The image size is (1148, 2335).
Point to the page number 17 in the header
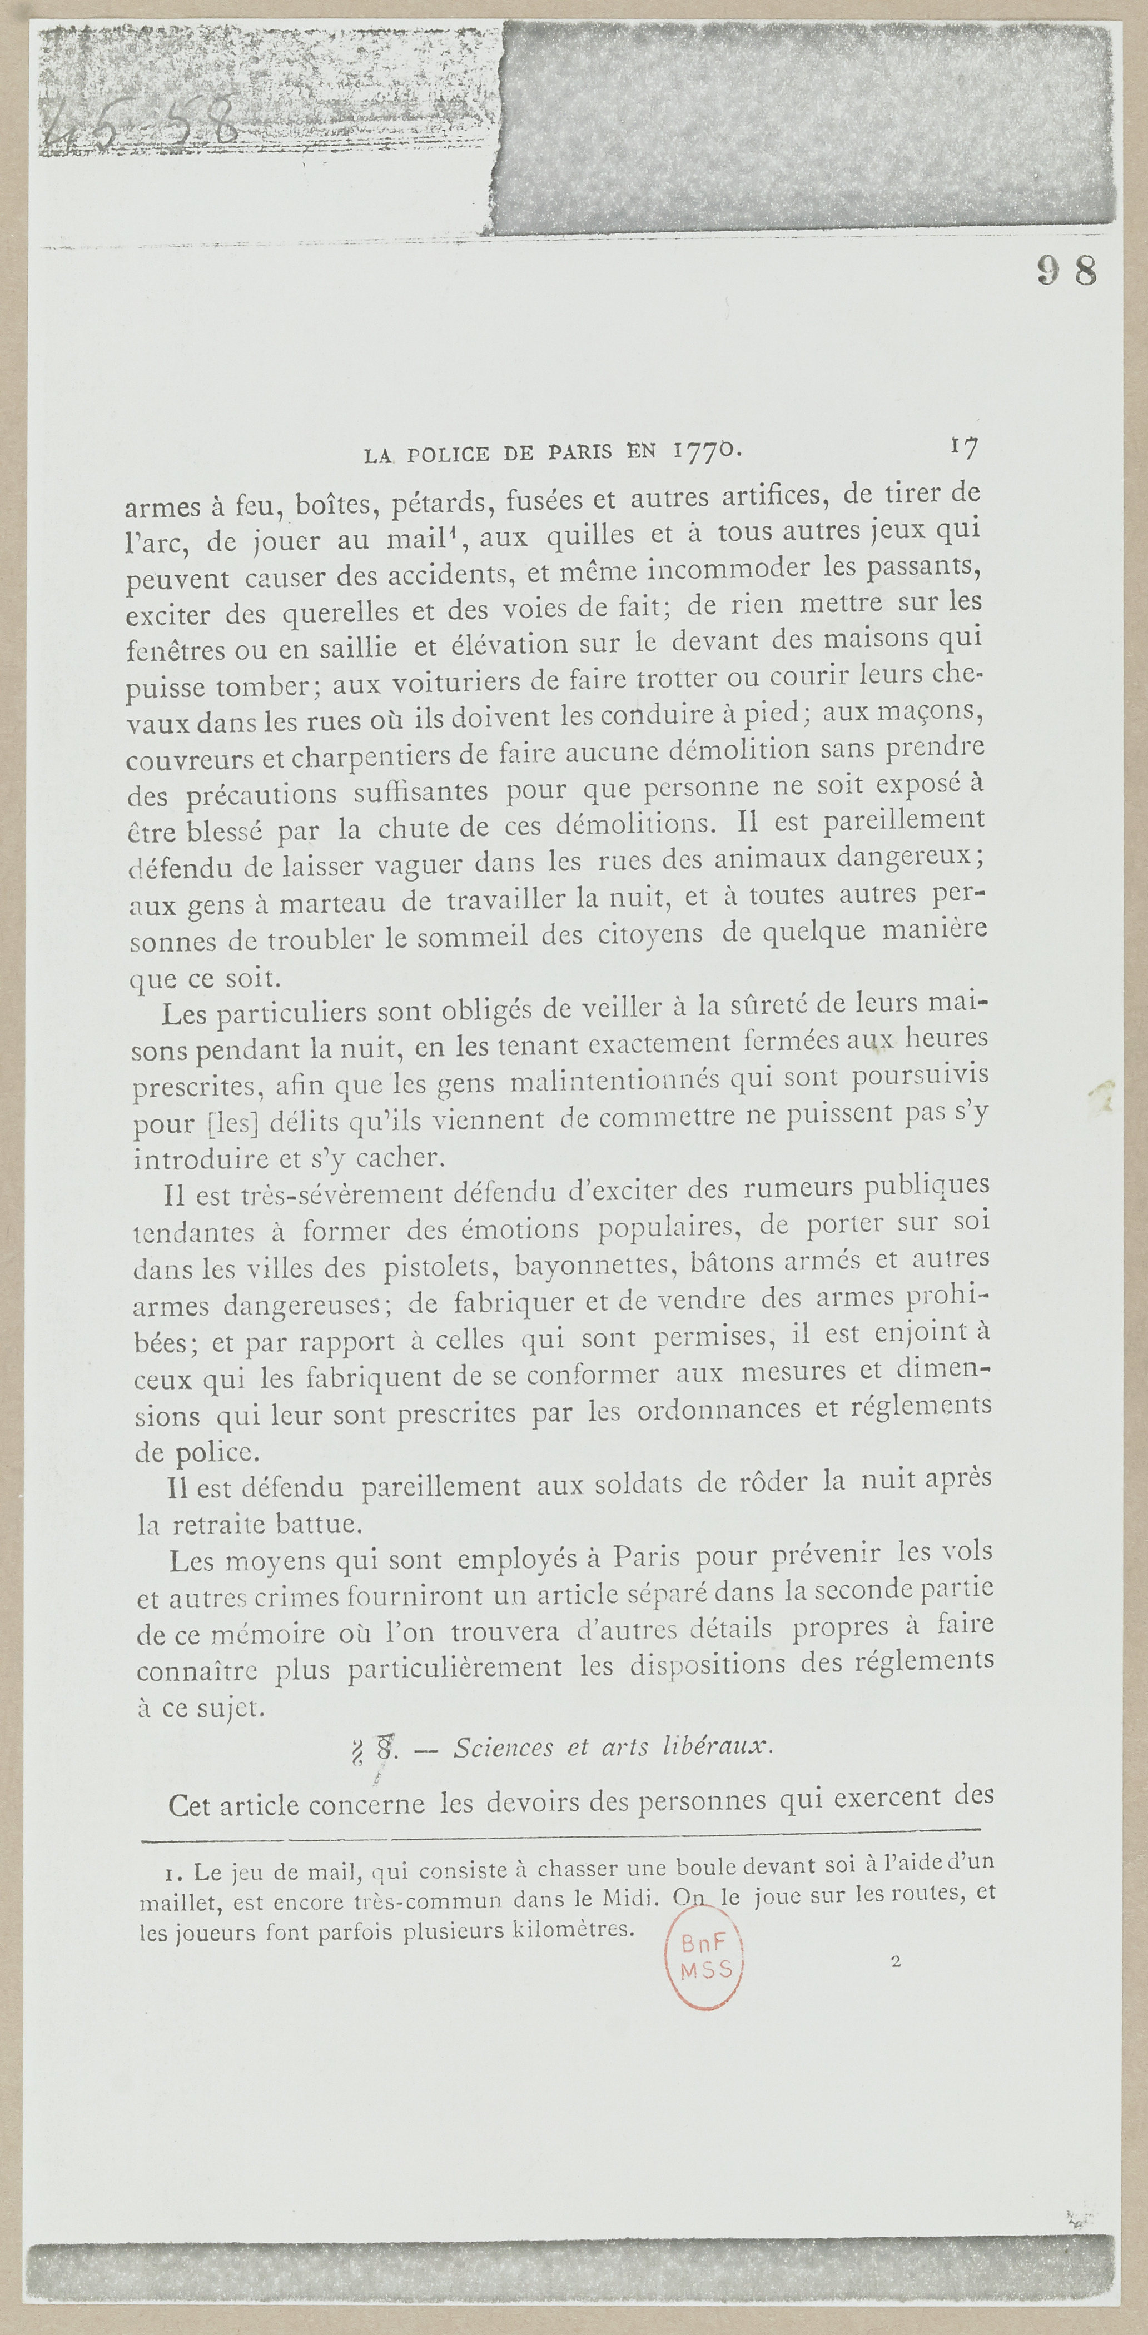click(962, 445)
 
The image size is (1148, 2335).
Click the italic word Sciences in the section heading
click(503, 1747)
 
